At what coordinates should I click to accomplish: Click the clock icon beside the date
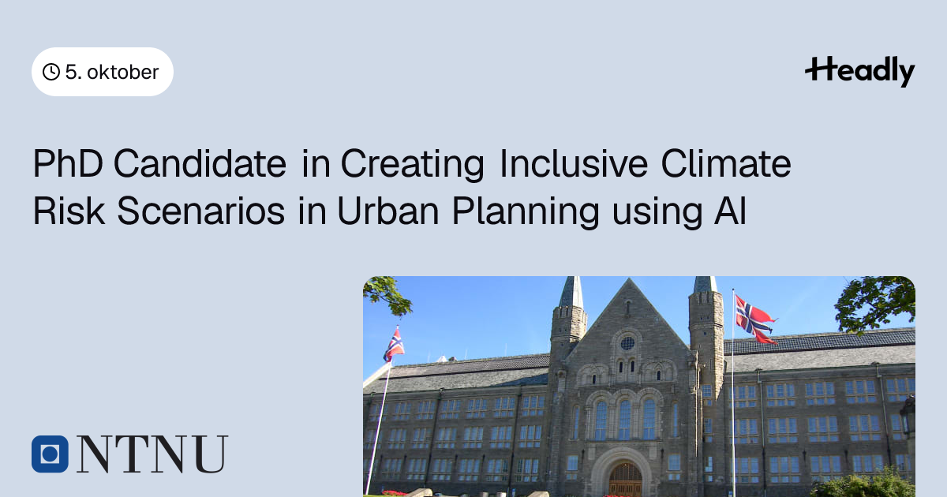coord(51,72)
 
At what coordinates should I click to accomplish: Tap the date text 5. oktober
coord(112,72)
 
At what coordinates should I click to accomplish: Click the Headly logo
coord(860,71)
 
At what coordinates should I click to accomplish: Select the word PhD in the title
coord(68,163)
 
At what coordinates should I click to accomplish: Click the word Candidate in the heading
coord(200,163)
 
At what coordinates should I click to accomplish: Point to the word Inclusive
coord(574,163)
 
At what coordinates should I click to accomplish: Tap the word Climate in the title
coord(726,163)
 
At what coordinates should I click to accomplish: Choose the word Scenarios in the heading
coord(200,211)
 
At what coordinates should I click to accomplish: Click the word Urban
coord(388,211)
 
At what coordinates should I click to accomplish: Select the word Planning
coord(526,212)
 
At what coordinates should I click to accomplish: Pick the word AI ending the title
coord(730,211)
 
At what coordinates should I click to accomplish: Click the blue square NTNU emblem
coord(50,454)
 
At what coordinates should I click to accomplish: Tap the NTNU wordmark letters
coord(152,454)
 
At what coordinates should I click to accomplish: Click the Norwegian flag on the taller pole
coord(754,319)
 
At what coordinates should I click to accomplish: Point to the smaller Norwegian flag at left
coord(394,345)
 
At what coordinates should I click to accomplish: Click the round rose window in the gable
coord(627,343)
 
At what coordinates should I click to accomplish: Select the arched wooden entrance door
coord(625,480)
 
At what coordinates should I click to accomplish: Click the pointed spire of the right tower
coord(706,284)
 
